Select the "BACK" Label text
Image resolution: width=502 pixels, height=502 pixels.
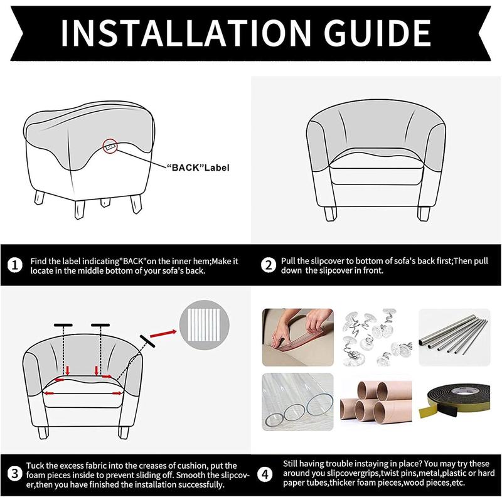click(x=198, y=168)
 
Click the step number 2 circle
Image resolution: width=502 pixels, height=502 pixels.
click(x=268, y=265)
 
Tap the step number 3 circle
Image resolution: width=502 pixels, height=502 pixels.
click(x=14, y=473)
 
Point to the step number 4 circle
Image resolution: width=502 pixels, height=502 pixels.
click(x=268, y=473)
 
